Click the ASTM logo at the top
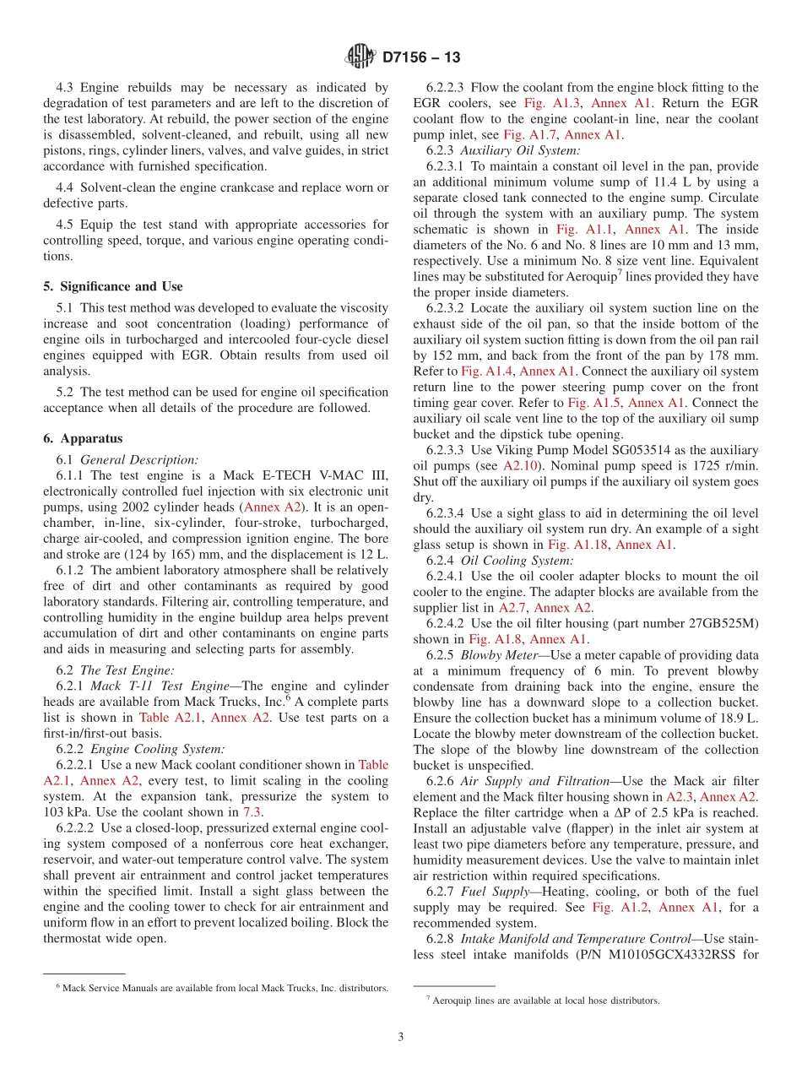360,57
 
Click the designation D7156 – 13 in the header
421,57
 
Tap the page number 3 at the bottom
401,1037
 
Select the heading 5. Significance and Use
113,286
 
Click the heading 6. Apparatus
83,438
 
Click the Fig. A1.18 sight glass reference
581,545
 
